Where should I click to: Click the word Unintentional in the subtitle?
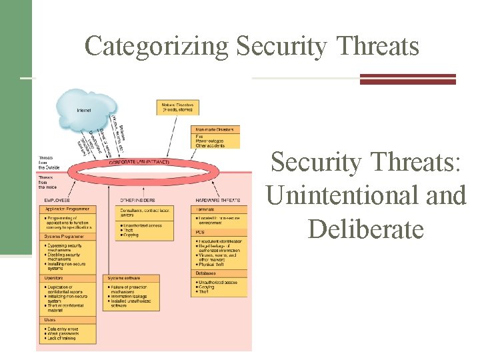[365, 195]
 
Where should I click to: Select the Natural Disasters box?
[178, 107]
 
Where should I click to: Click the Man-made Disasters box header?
[215, 129]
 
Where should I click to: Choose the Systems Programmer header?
[65, 235]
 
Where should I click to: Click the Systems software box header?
[126, 277]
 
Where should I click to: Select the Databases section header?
[207, 273]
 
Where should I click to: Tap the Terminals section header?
[206, 209]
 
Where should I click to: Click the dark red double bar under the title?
[407, 79]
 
